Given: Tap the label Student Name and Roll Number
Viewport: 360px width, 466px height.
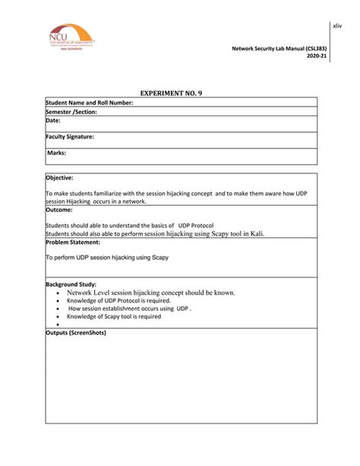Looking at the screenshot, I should pyautogui.click(x=90, y=103).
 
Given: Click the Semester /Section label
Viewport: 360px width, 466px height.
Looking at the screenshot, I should pyautogui.click(x=71, y=112).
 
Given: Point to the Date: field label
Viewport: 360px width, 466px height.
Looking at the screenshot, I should pyautogui.click(x=53, y=120).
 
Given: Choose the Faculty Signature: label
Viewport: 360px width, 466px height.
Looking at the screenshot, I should pyautogui.click(x=70, y=137).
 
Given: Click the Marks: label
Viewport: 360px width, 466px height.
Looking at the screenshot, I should pyautogui.click(x=58, y=153).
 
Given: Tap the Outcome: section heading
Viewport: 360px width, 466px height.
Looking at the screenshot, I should pyautogui.click(x=59, y=210).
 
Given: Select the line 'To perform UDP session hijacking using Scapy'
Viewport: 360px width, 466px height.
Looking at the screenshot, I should pyautogui.click(x=107, y=258).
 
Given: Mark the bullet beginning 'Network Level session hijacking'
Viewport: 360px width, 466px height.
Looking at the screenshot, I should pyautogui.click(x=150, y=292).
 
